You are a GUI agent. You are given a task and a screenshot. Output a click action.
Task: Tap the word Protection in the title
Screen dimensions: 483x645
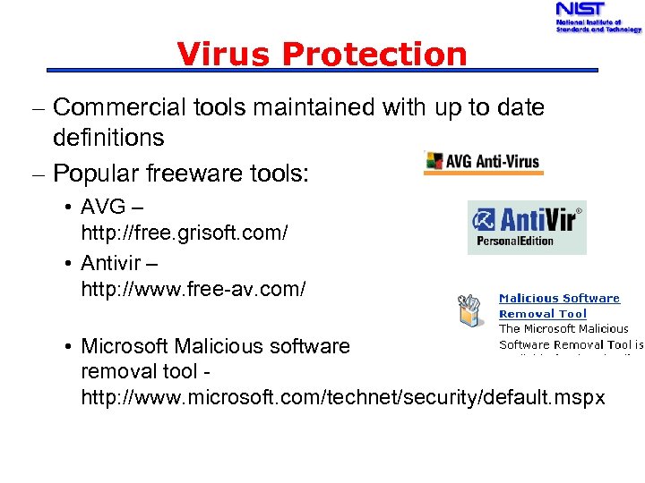tap(374, 55)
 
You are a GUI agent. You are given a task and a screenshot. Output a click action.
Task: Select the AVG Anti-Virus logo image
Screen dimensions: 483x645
tap(483, 161)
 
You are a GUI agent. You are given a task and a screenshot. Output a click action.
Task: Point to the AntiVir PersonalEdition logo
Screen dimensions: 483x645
tap(527, 227)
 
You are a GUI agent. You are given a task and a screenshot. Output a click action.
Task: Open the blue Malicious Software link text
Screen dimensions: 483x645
tap(559, 298)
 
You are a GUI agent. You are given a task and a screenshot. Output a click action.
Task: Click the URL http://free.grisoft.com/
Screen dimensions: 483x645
tap(184, 233)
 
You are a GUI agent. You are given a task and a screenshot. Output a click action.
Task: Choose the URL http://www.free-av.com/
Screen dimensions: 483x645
tap(193, 289)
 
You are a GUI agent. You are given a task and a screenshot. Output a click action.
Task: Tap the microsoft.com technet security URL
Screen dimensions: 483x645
tap(343, 396)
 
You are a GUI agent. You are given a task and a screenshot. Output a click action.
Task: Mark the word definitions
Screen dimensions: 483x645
tap(108, 138)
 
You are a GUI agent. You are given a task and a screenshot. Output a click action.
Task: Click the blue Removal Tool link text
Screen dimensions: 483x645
tap(542, 314)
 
